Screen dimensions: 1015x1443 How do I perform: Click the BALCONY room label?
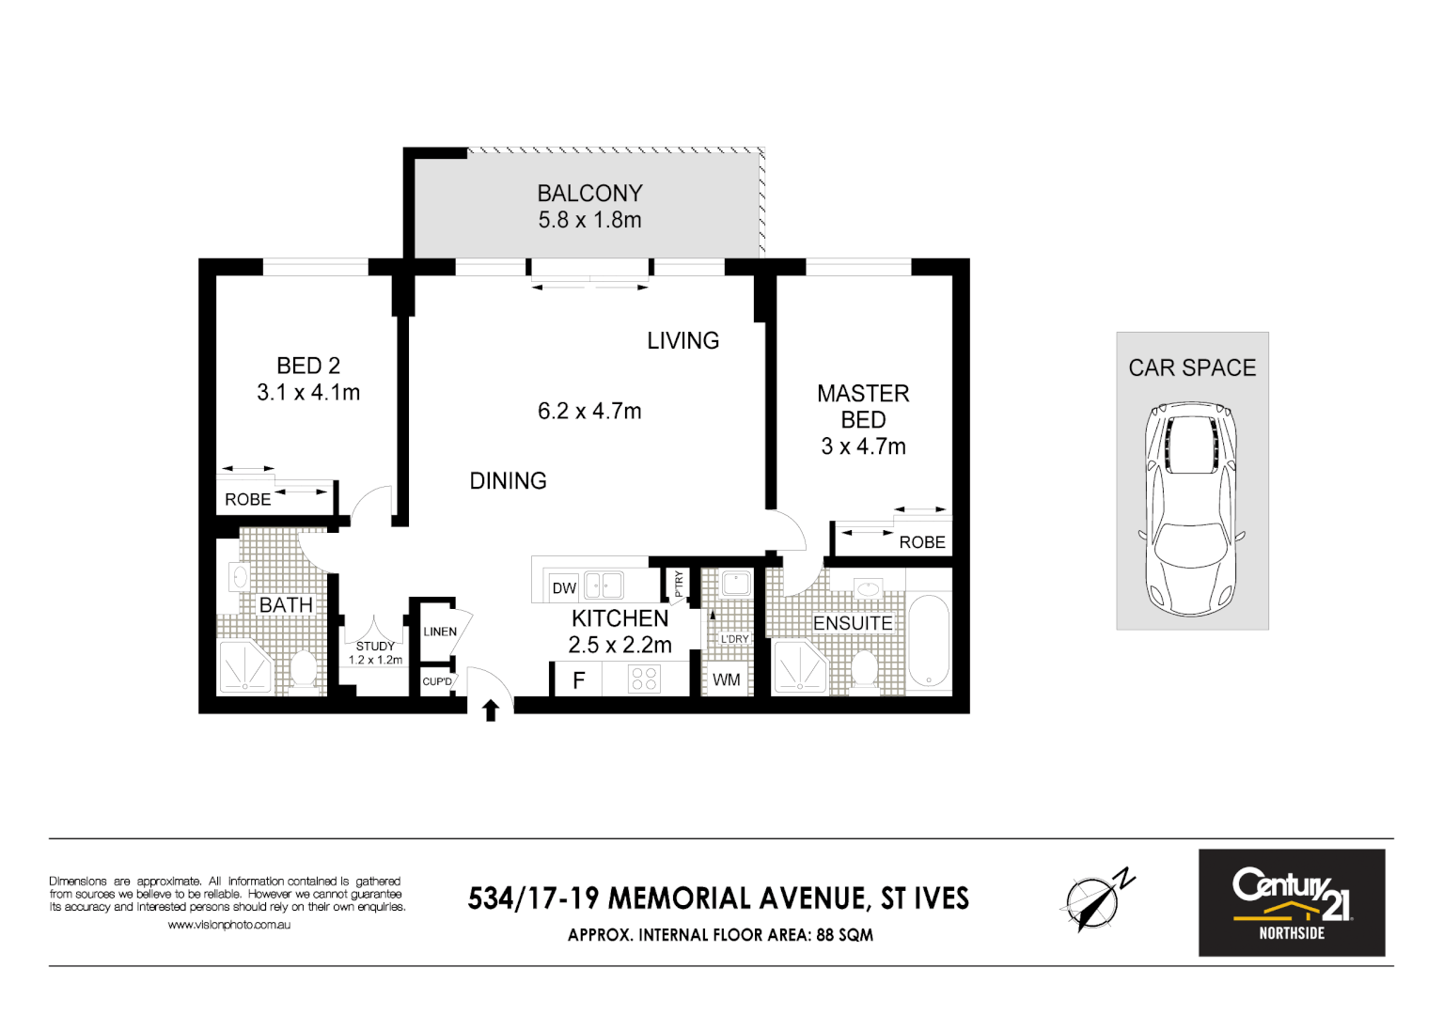[x=589, y=194]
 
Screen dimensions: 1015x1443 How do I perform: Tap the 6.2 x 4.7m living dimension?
[x=589, y=412]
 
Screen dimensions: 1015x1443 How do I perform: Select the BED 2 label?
[x=308, y=366]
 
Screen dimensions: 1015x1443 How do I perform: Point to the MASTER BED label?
[x=863, y=406]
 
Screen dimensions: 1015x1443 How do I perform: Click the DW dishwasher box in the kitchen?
[x=564, y=588]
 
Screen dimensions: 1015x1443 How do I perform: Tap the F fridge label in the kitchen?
[x=579, y=680]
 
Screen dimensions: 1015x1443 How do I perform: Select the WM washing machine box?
[x=727, y=679]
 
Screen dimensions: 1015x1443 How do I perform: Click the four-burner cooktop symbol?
[x=645, y=679]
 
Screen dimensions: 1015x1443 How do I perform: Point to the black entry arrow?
[x=490, y=710]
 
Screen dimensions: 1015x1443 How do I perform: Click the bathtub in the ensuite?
[x=929, y=643]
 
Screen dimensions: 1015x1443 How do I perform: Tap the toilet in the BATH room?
[x=303, y=669]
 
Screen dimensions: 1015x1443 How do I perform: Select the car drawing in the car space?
[x=1191, y=507]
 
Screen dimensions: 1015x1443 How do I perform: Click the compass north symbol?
[x=1095, y=900]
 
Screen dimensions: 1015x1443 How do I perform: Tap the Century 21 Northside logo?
[x=1291, y=902]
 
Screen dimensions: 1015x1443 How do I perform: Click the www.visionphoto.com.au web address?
[x=228, y=925]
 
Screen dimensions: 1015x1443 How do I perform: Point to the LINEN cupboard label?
[x=440, y=632]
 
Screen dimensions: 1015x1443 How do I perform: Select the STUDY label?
[x=375, y=647]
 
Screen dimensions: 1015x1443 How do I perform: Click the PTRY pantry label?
[x=679, y=584]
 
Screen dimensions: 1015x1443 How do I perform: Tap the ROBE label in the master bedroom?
[x=921, y=542]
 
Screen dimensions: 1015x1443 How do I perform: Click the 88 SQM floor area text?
[x=844, y=935]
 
